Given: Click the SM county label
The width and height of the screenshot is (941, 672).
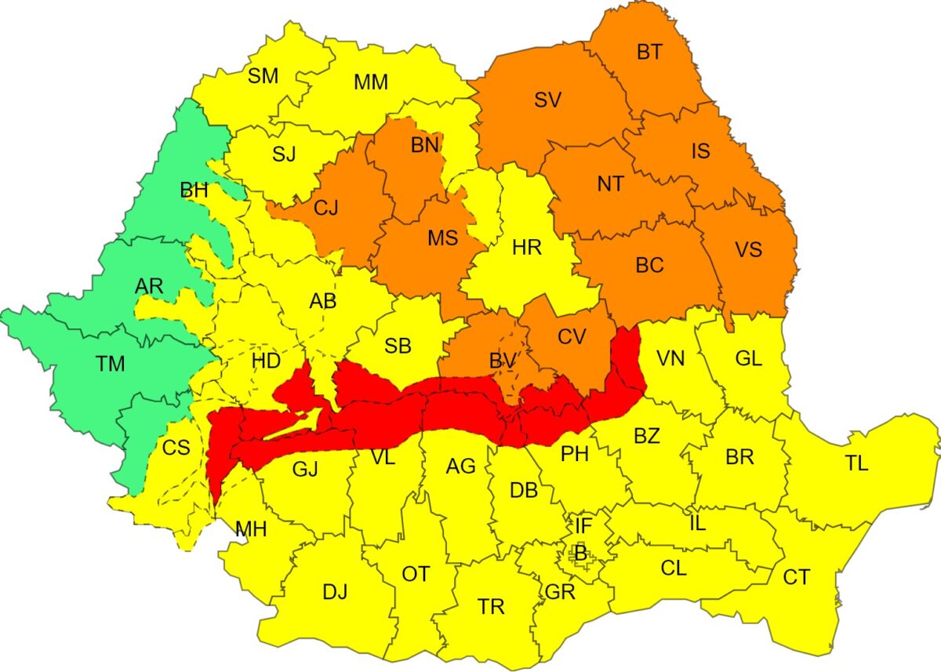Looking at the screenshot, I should pos(263,76).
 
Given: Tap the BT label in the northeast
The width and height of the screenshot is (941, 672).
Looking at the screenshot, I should pos(649,53).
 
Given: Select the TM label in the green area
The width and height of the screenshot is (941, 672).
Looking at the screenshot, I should pos(111,364).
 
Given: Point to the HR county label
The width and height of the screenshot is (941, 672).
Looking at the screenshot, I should pos(526,249).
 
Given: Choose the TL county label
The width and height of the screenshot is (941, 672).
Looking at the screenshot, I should pos(857,463).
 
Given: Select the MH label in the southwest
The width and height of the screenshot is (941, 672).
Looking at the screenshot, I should pos(251,529).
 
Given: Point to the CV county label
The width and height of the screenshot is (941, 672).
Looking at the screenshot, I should pos(572,336).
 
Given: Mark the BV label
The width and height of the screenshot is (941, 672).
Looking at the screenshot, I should pos(502,361).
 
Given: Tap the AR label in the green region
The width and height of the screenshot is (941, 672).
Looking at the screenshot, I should pos(149,287).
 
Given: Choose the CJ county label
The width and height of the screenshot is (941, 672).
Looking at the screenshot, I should pos(325,209).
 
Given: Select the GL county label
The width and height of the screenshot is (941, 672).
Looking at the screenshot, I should pos(748,359).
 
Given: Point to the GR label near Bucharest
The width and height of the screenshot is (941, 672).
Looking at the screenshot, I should pos(560,592).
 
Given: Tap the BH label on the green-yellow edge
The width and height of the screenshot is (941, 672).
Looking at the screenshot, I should pos(194,191).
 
